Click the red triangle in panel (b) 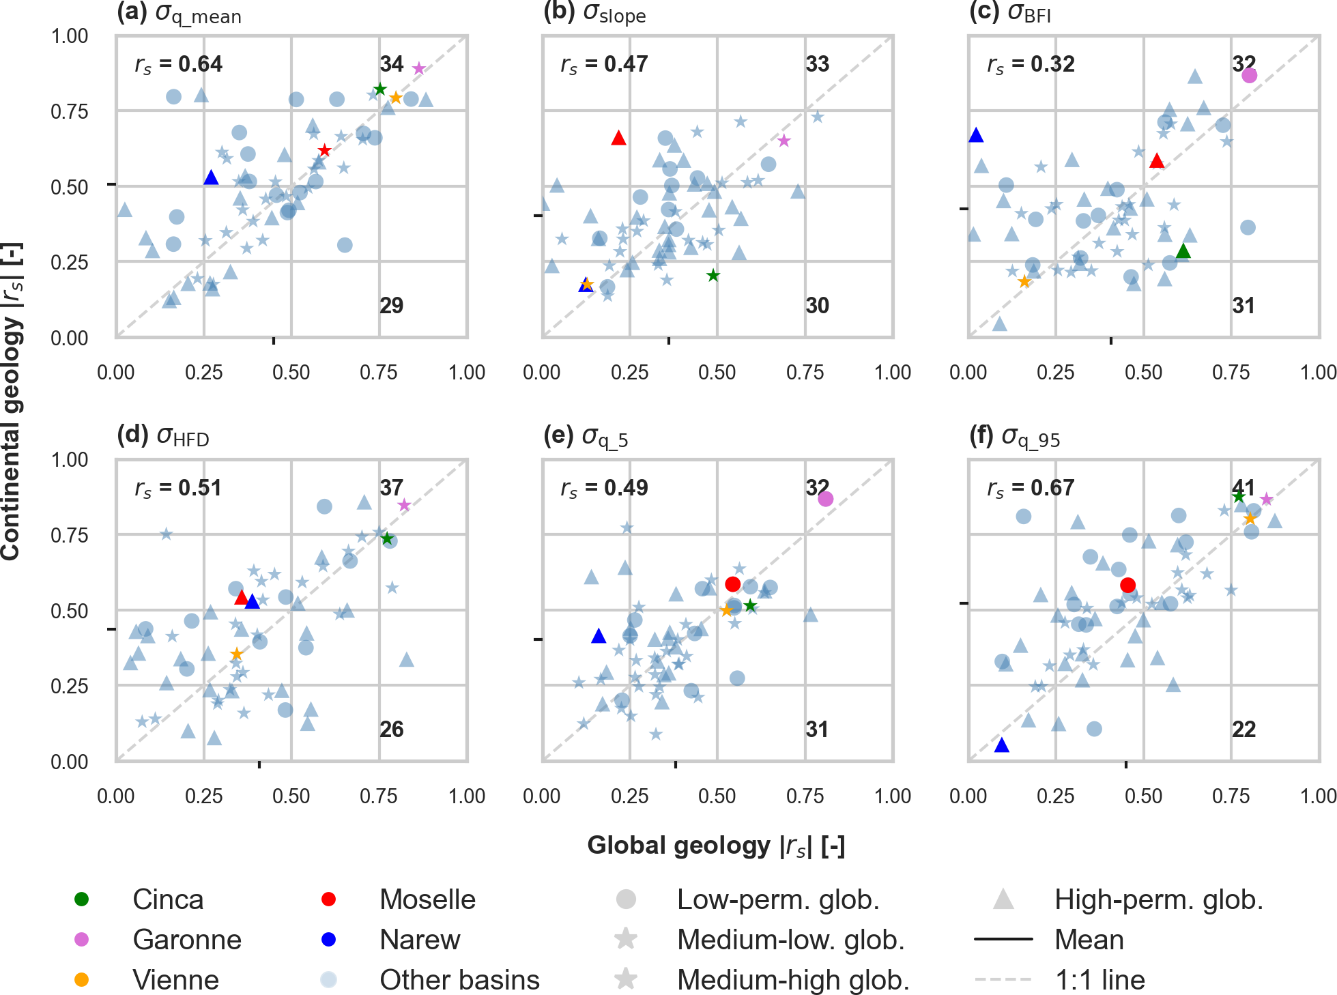tap(618, 138)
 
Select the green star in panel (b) tap(713, 276)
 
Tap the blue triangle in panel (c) tap(976, 135)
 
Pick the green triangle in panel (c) tap(1183, 251)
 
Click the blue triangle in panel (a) tap(211, 177)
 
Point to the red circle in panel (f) tap(1127, 585)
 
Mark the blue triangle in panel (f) tap(1001, 745)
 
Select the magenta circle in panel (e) tap(825, 499)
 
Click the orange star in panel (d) tap(236, 654)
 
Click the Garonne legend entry tap(186, 940)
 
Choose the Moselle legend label tap(427, 899)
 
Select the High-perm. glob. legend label tap(1158, 899)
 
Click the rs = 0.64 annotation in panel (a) tap(179, 64)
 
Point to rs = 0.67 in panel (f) tap(1031, 488)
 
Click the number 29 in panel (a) tap(392, 305)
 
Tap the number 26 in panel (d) tap(392, 729)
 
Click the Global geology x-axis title tap(716, 845)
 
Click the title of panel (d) tap(163, 435)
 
